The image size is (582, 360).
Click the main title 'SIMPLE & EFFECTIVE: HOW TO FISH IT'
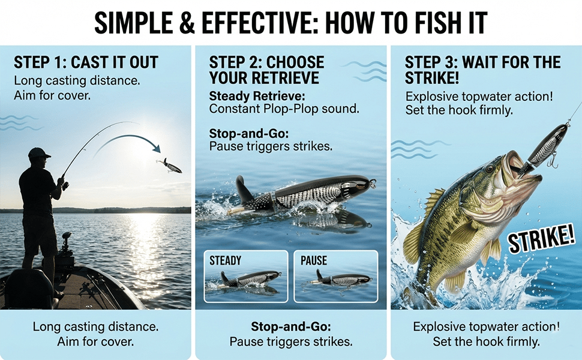290,23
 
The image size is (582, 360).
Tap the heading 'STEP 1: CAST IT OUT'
86,62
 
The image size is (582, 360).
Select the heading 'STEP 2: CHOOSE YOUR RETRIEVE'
266,70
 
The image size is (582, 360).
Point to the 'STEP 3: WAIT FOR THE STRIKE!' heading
482,70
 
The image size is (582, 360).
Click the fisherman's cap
38,152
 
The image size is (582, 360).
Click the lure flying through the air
170,166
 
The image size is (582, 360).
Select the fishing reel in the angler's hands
65,184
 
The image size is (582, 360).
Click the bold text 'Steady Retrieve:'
257,96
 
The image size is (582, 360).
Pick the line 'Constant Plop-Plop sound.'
284,109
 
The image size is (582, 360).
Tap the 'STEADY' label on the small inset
226,260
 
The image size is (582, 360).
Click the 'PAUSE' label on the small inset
314,260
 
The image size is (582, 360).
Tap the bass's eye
490,169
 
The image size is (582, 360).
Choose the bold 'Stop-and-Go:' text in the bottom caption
290,326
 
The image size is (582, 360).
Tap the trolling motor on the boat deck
66,248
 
